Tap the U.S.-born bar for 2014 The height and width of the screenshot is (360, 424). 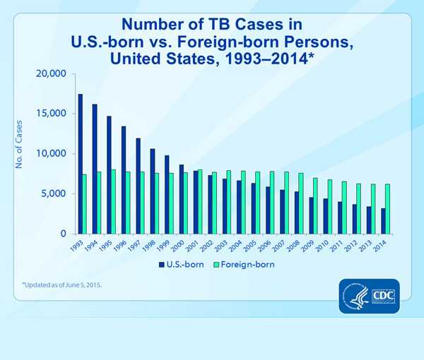[x=382, y=221]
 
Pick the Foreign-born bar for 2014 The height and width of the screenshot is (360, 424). [x=387, y=209]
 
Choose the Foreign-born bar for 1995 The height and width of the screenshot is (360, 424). [x=114, y=202]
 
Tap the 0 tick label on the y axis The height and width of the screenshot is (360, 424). [x=63, y=234]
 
